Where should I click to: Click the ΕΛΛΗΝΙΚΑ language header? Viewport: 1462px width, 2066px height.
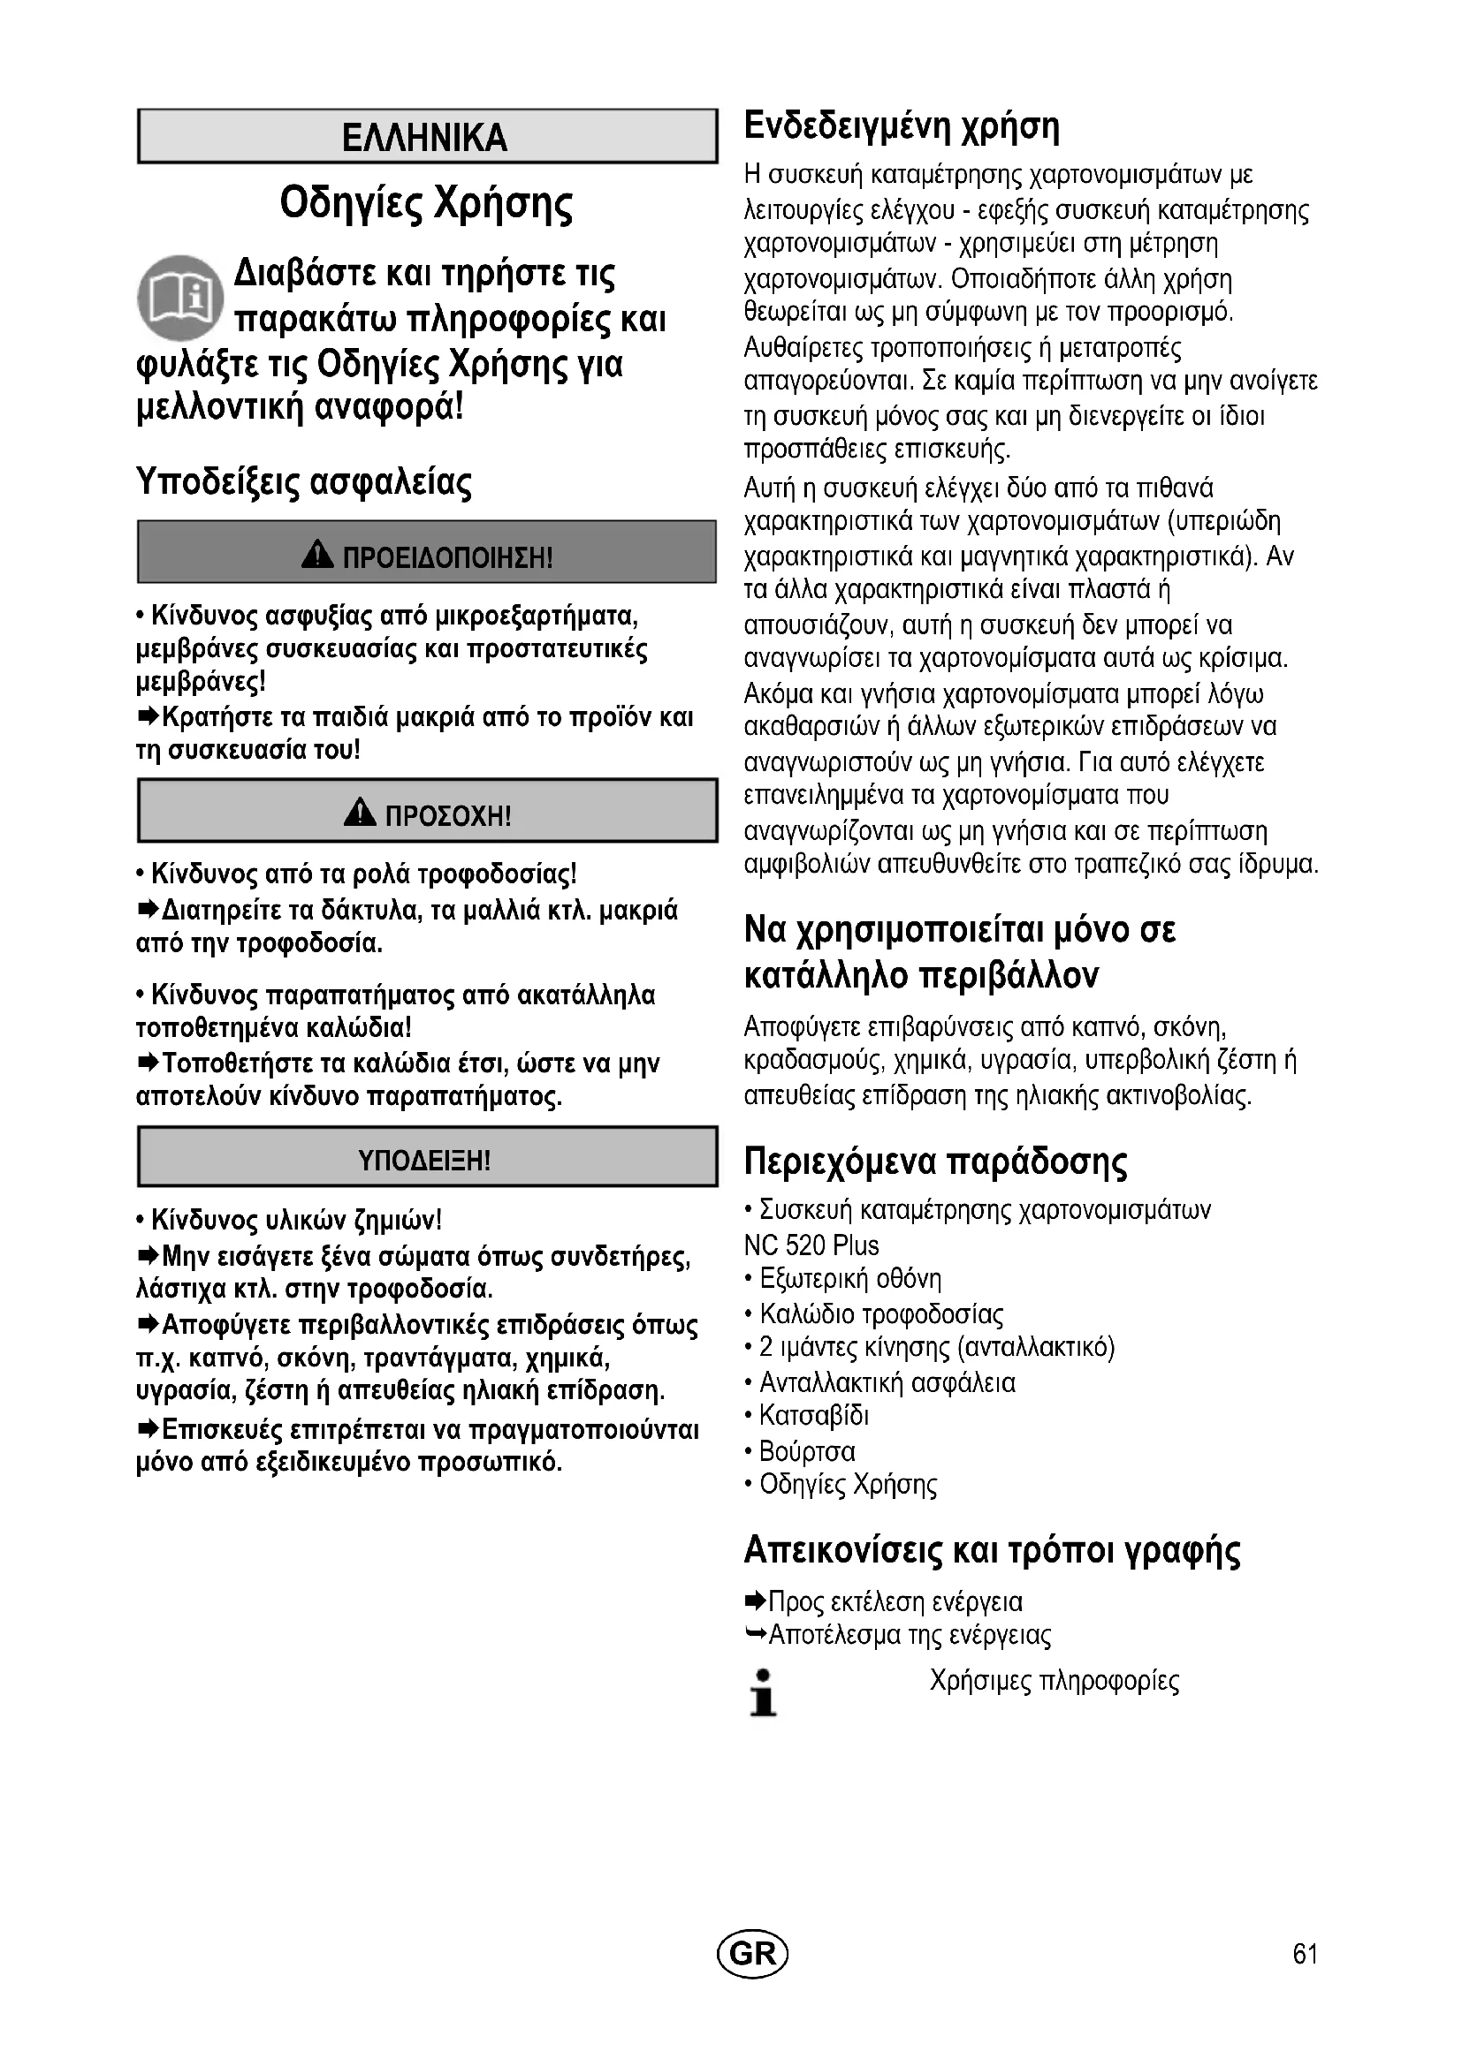coord(425,138)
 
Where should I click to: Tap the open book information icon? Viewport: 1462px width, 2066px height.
coord(180,298)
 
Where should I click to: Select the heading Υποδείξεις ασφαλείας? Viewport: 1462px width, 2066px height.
coord(303,482)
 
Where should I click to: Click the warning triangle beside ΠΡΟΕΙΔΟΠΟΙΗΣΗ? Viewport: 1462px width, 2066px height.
coord(317,556)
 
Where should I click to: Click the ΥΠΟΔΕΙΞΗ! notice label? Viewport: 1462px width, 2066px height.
coord(425,1160)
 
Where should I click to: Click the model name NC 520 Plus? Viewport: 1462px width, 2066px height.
coord(811,1245)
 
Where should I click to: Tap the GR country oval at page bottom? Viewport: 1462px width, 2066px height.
coord(751,1953)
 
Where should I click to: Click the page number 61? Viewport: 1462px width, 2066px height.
coord(1305,1954)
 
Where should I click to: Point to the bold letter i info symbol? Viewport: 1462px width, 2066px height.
coord(763,1692)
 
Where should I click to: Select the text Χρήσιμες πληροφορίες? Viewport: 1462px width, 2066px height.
coord(1055,1681)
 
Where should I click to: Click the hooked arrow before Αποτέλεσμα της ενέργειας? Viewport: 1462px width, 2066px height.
coord(755,1633)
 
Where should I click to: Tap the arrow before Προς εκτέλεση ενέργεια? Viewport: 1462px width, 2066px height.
coord(754,1601)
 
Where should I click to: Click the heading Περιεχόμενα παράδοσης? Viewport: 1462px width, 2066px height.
coord(934,1162)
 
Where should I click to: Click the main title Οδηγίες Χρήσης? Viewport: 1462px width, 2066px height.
coord(426,203)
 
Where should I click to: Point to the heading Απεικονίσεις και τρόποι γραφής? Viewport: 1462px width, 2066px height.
coord(992,1550)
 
